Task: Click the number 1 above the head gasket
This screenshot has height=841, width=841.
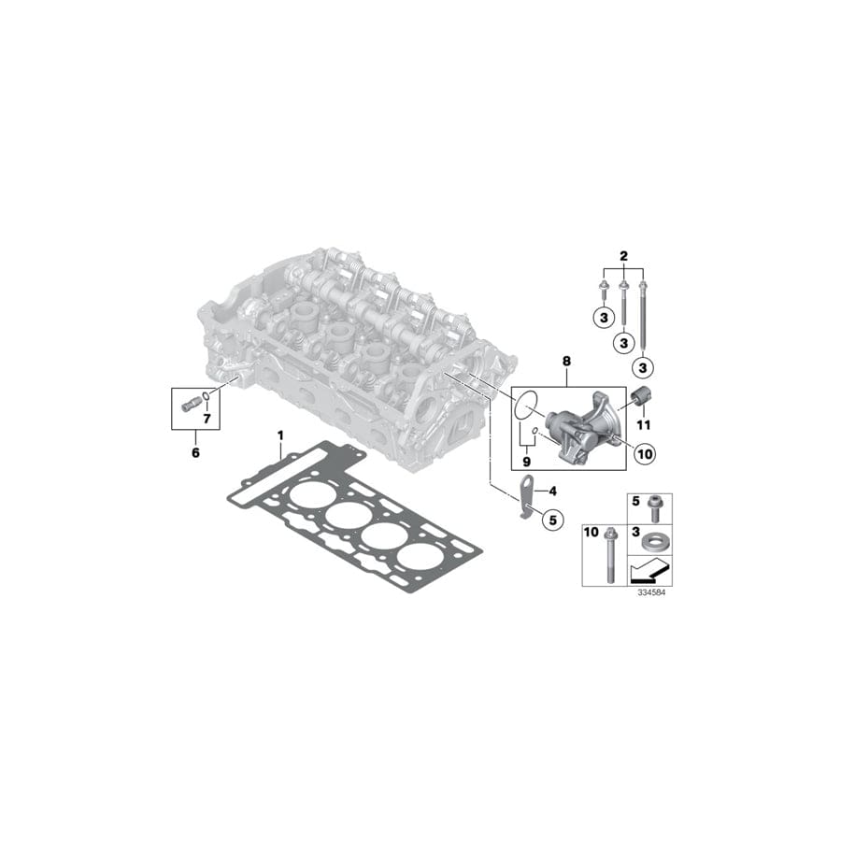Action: tap(279, 435)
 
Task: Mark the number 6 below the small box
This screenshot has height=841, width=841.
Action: tap(194, 453)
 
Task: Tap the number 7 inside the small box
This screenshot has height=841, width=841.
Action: tap(207, 418)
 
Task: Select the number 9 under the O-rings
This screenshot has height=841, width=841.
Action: tap(526, 461)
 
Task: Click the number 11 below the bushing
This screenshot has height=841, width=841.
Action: tap(644, 426)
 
